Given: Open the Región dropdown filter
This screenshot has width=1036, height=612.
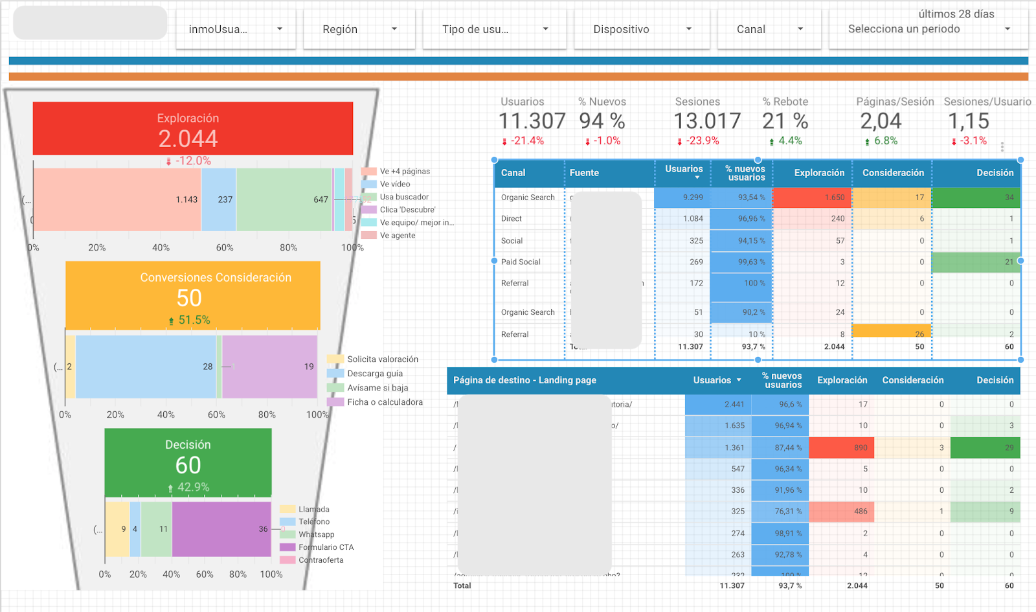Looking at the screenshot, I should point(359,29).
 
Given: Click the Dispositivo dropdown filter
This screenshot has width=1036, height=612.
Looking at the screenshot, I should point(642,29).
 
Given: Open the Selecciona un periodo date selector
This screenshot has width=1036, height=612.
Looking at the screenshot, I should point(928,29).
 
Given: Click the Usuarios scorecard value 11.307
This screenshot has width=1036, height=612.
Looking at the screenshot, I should point(532,121).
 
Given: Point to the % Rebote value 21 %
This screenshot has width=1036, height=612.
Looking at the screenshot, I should point(785,121).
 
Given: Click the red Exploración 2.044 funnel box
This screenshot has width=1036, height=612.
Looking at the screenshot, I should point(192,128).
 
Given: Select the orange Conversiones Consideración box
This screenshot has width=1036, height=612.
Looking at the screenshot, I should point(192,295).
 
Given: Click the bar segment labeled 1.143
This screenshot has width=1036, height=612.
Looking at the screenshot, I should point(117,199).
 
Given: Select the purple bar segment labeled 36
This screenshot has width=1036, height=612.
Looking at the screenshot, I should point(221,529).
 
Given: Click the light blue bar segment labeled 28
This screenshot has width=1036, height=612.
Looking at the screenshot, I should point(146,367).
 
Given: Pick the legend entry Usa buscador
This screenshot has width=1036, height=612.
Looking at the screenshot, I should point(403,197).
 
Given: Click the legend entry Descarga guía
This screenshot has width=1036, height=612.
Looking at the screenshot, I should point(374,374).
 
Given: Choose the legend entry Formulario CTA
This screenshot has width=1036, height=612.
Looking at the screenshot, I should point(326,547).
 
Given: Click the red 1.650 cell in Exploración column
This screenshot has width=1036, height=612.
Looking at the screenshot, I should point(811,198).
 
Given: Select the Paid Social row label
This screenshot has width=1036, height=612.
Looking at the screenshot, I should point(521,262).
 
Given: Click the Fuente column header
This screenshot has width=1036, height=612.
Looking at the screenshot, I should point(584,173).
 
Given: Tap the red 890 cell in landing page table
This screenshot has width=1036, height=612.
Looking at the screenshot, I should point(841,448).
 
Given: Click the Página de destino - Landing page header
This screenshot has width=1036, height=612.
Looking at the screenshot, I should point(524,380).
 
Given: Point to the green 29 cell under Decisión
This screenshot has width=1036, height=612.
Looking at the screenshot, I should point(985,448).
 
